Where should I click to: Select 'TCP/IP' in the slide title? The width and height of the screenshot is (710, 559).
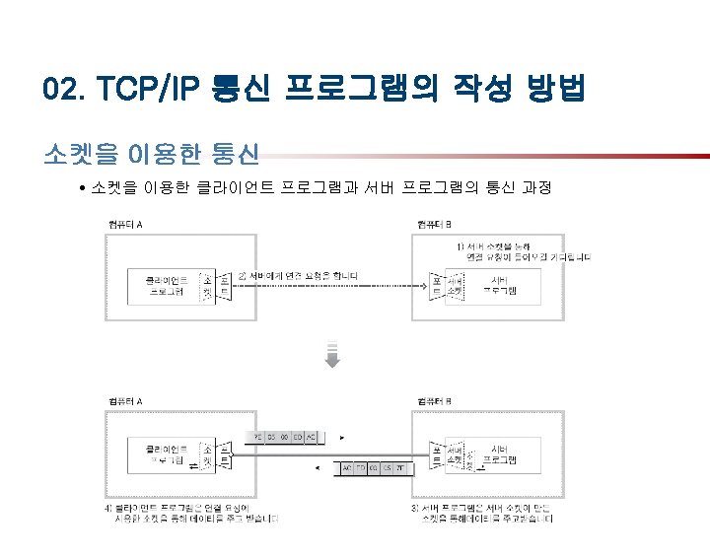tap(147, 91)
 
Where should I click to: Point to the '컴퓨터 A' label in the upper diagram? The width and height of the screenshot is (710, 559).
tap(124, 225)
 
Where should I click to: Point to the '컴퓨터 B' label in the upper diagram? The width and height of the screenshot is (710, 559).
tap(435, 225)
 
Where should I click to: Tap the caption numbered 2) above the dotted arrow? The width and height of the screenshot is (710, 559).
tap(299, 274)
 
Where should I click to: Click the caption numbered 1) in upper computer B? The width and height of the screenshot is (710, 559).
tap(523, 251)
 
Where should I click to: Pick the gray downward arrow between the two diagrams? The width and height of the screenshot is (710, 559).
tap(333, 355)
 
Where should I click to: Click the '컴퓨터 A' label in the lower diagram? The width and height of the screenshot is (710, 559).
tap(124, 401)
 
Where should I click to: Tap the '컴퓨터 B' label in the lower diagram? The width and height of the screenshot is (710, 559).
tap(435, 401)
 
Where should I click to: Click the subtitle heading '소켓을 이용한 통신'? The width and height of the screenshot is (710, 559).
tap(151, 155)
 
